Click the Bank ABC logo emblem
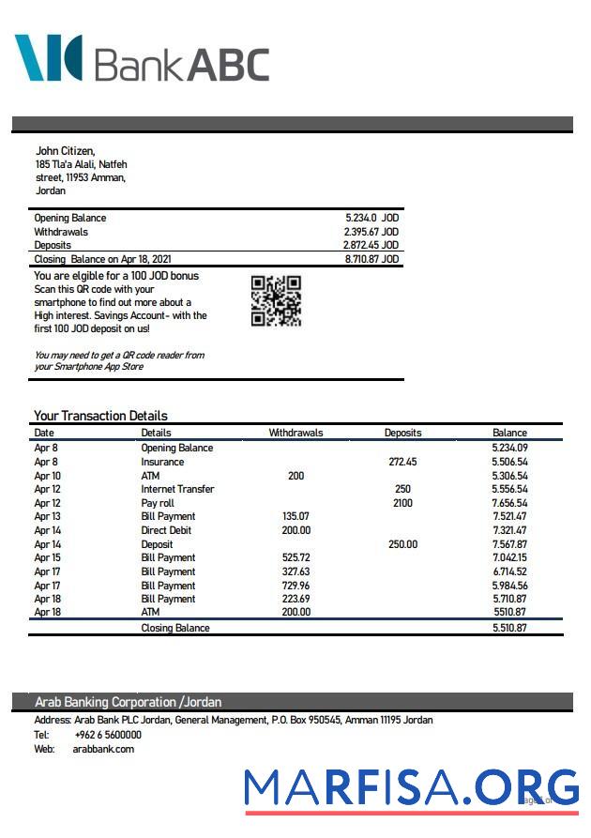(48, 57)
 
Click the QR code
(276, 301)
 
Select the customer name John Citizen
(65, 150)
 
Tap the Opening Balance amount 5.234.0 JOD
(371, 218)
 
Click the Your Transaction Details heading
(100, 416)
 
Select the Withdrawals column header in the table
(295, 433)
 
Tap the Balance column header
(509, 433)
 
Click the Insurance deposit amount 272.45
(402, 462)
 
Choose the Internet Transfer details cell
(177, 489)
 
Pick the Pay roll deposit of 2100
(402, 503)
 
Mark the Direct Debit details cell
(168, 530)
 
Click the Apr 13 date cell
(47, 516)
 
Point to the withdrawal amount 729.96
(295, 585)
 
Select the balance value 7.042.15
(509, 557)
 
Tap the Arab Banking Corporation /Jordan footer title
(128, 702)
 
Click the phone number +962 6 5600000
(108, 735)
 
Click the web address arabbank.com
(103, 749)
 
